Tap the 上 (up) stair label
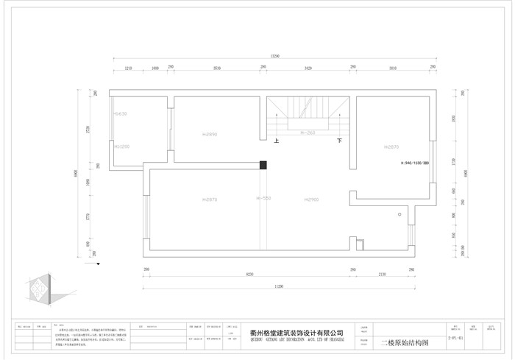point(276,140)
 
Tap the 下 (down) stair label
point(339,140)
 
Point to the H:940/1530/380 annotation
point(415,163)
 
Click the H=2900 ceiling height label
point(311,200)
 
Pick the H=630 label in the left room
point(121,114)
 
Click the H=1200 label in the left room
point(121,147)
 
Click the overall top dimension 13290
point(275,56)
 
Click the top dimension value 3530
point(216,68)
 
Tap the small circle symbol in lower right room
point(399,214)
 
